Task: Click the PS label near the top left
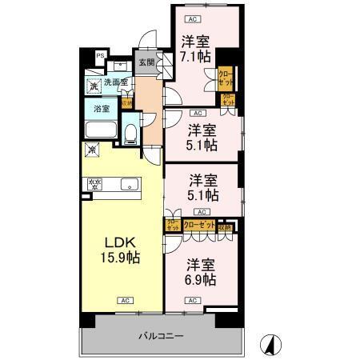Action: point(101,55)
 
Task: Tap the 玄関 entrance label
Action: point(146,63)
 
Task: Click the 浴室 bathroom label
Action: point(102,108)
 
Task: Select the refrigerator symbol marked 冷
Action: point(93,150)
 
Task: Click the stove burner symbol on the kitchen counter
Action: point(95,185)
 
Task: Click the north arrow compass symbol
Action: point(272,344)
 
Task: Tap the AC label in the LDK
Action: point(126,300)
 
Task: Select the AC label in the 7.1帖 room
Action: point(191,18)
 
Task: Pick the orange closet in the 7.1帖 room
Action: point(226,78)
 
